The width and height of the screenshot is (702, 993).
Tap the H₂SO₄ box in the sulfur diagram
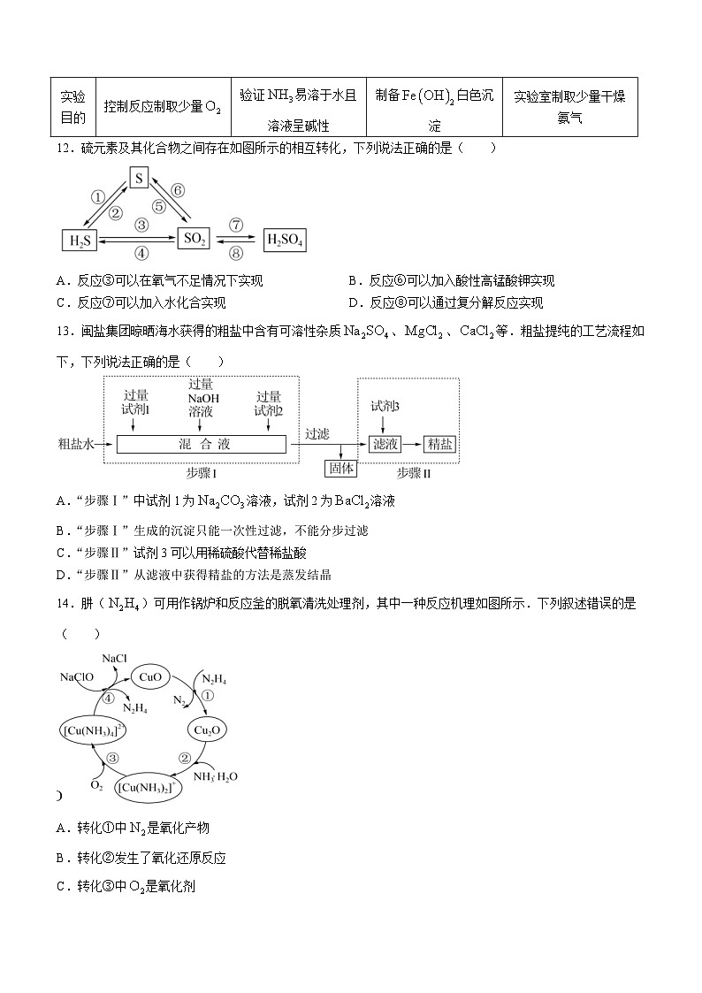285,239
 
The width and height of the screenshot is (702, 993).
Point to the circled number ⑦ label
236,225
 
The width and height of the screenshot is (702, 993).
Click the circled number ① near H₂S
98,197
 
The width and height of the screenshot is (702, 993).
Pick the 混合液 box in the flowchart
202,444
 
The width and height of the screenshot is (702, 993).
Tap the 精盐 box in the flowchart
440,444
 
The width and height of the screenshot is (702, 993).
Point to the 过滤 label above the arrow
317,433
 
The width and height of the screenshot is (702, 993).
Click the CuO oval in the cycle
149,677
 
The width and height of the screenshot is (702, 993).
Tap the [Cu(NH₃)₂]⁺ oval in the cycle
149,785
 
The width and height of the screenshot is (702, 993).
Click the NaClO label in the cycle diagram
77,677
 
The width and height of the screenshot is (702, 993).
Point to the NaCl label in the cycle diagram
115,659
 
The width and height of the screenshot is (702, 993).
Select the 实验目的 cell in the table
72,107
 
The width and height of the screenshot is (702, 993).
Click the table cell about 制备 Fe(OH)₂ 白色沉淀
433,107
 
